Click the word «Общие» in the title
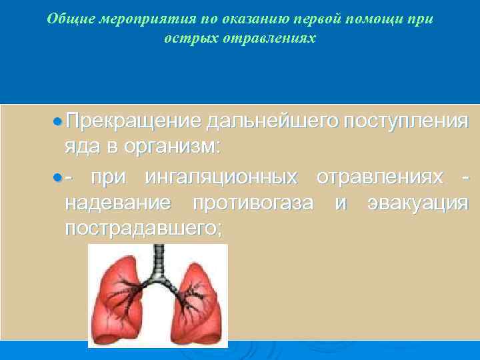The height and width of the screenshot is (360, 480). coord(63,19)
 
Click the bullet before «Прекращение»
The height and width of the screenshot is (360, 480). coord(58,121)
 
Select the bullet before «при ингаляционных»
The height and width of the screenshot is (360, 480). coord(58,179)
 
